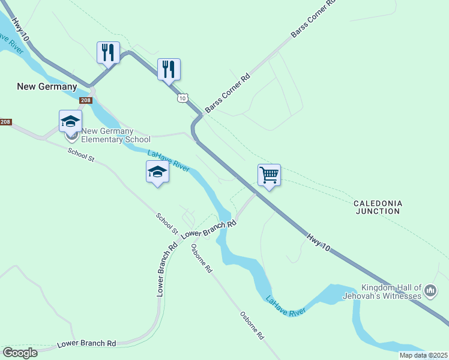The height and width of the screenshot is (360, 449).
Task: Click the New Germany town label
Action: point(47,86)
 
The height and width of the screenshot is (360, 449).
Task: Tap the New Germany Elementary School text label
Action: point(116,136)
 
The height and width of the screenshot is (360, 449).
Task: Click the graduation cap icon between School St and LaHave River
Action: point(157,172)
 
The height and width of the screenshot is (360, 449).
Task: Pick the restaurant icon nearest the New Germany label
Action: point(109,52)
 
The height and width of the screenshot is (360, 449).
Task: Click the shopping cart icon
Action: point(269,175)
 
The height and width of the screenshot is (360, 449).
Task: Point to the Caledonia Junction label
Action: point(378,208)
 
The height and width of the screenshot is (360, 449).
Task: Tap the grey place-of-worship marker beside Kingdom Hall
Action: point(430,292)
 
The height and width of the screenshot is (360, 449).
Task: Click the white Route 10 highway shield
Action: point(182,98)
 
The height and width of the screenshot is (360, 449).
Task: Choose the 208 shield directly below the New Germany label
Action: point(86,101)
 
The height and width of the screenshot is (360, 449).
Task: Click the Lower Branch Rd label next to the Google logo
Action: point(86,344)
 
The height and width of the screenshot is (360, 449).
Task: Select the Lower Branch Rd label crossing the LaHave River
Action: point(209,229)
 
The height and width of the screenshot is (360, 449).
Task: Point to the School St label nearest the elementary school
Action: point(81,155)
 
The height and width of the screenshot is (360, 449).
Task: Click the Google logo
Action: point(20,353)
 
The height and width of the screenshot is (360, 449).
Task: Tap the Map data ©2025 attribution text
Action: point(423,355)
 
